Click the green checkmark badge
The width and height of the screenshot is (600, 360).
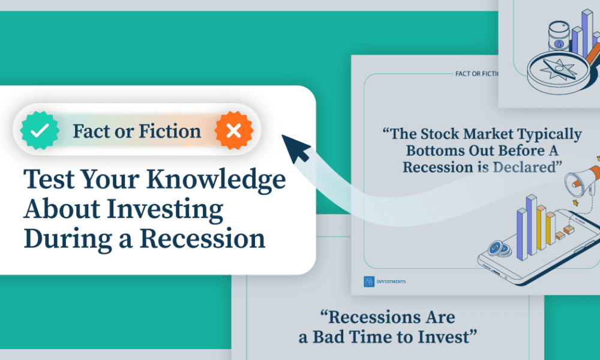(40, 130)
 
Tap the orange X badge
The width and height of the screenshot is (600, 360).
(234, 130)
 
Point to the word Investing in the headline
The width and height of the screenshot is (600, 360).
(165, 209)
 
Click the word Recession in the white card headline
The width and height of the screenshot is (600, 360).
(202, 238)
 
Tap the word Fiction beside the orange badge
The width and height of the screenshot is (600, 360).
(170, 131)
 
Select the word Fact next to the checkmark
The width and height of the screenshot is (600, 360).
(91, 131)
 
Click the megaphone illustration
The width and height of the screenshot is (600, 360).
(582, 181)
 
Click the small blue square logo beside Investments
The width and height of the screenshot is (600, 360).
(369, 281)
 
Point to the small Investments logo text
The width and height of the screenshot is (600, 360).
(391, 281)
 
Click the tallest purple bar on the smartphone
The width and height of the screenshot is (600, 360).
(532, 225)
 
